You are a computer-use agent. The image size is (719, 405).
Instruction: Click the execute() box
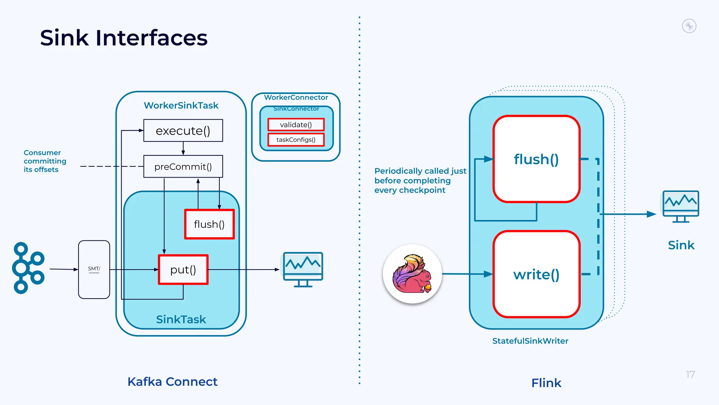point(183,131)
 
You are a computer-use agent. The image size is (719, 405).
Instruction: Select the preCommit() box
point(183,167)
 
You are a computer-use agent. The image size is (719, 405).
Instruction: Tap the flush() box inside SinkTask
point(209,224)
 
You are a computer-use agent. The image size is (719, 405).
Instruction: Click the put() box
point(183,270)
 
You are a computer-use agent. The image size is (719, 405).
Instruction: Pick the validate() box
point(296,125)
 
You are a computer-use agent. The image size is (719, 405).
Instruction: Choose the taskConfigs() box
point(296,140)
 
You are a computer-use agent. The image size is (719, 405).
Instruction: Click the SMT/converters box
point(94,270)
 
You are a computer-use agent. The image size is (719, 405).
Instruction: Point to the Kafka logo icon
point(28,268)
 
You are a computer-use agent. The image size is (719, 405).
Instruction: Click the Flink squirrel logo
point(412,274)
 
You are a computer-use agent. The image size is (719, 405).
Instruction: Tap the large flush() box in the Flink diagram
point(536,159)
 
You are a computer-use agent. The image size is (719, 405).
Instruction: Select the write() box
point(536,274)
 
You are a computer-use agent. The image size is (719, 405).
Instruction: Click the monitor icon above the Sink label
point(680,207)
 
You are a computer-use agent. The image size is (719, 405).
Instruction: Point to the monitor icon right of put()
point(303,270)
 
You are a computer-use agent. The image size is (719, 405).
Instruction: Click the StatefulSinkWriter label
point(530,341)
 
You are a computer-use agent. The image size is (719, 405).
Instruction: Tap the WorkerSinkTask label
point(181,105)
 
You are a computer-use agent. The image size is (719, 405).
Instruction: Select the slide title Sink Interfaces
point(124,38)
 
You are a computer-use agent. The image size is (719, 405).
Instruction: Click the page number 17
point(690,375)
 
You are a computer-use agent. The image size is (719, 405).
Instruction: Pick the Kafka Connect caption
point(172,382)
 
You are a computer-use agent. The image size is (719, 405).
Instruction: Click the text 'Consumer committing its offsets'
point(45,161)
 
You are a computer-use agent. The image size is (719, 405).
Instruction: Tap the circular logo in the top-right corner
point(689,26)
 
